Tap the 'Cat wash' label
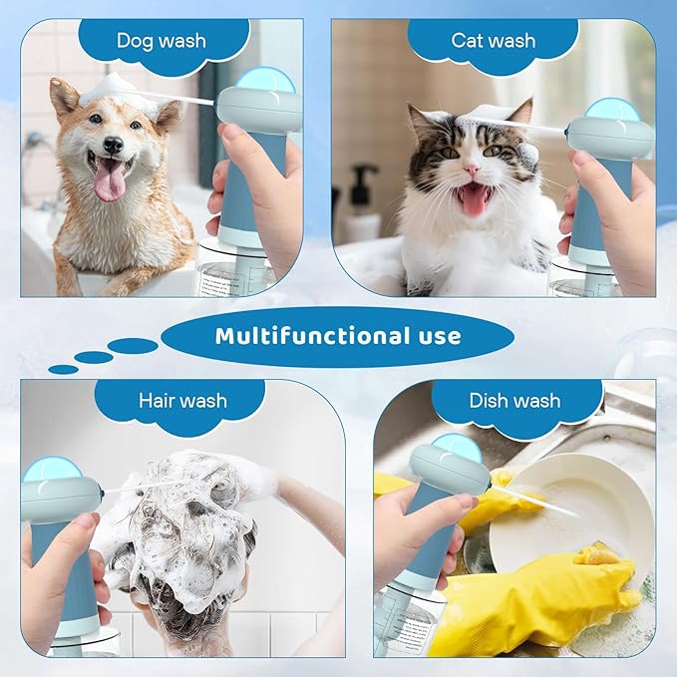click(x=493, y=41)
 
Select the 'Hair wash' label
click(x=182, y=401)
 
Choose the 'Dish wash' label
click(x=514, y=401)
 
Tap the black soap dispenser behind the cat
click(x=362, y=199)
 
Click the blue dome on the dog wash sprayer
click(x=263, y=80)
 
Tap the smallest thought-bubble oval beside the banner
click(x=63, y=369)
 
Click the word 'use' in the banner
click(x=433, y=336)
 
